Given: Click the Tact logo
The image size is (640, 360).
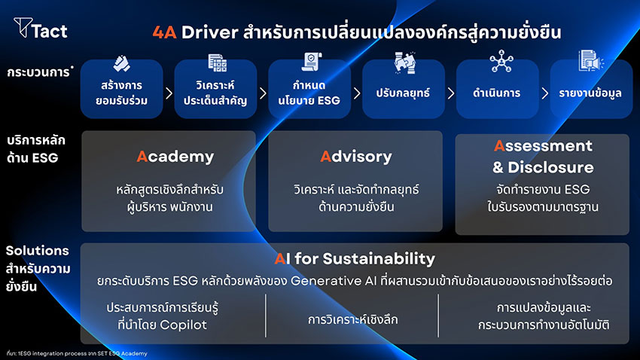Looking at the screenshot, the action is [x=41, y=28].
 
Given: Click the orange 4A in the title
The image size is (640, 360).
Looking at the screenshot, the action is [x=164, y=32].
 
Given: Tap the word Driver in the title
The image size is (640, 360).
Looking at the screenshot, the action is [x=210, y=32].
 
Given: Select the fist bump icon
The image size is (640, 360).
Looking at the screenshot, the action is [x=121, y=63].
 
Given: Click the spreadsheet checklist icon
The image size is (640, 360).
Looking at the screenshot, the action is [x=217, y=63].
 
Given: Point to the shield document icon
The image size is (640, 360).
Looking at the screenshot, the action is [x=312, y=62].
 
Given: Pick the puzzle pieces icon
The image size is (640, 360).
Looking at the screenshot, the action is [x=405, y=63].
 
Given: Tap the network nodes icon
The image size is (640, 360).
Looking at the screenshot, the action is [x=501, y=61].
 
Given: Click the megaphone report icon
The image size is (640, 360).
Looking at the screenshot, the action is [x=591, y=61].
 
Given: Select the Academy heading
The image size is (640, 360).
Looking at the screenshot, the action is [x=175, y=157].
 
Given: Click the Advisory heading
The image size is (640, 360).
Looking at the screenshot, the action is [x=356, y=157].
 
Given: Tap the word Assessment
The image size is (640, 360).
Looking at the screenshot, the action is [x=543, y=145].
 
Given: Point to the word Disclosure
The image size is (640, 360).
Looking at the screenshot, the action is [x=550, y=167].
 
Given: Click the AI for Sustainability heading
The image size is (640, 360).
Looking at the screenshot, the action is [x=355, y=258].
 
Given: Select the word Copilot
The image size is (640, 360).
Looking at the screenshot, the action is [x=183, y=325].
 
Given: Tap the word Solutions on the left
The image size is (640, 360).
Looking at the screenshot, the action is [x=37, y=250].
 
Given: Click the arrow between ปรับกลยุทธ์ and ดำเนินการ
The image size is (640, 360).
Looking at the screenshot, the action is [x=450, y=93].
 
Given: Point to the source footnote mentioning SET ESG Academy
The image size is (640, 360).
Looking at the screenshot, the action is [x=77, y=353].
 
